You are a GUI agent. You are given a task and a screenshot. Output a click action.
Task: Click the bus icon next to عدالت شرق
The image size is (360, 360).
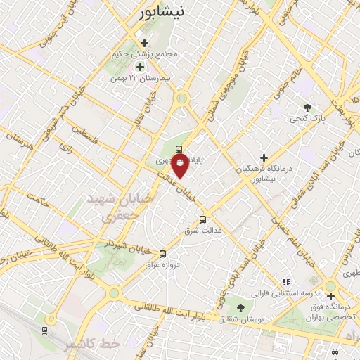[204, 219]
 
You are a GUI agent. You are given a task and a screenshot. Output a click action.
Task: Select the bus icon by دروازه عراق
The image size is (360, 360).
[163, 254]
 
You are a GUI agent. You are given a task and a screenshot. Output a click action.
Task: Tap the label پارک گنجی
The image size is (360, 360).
[308, 119]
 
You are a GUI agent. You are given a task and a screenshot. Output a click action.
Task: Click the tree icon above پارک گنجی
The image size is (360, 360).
[307, 108]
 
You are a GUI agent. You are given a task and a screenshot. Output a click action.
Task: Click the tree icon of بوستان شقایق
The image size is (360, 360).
[241, 308]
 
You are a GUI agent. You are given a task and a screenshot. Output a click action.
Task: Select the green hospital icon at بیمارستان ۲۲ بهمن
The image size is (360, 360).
[140, 67]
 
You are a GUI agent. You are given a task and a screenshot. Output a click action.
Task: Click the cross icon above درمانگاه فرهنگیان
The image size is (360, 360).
[264, 157]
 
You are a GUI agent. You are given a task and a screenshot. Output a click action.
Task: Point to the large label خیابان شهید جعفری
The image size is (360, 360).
[117, 208]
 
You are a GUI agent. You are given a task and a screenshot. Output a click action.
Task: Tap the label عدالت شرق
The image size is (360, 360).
[203, 230]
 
